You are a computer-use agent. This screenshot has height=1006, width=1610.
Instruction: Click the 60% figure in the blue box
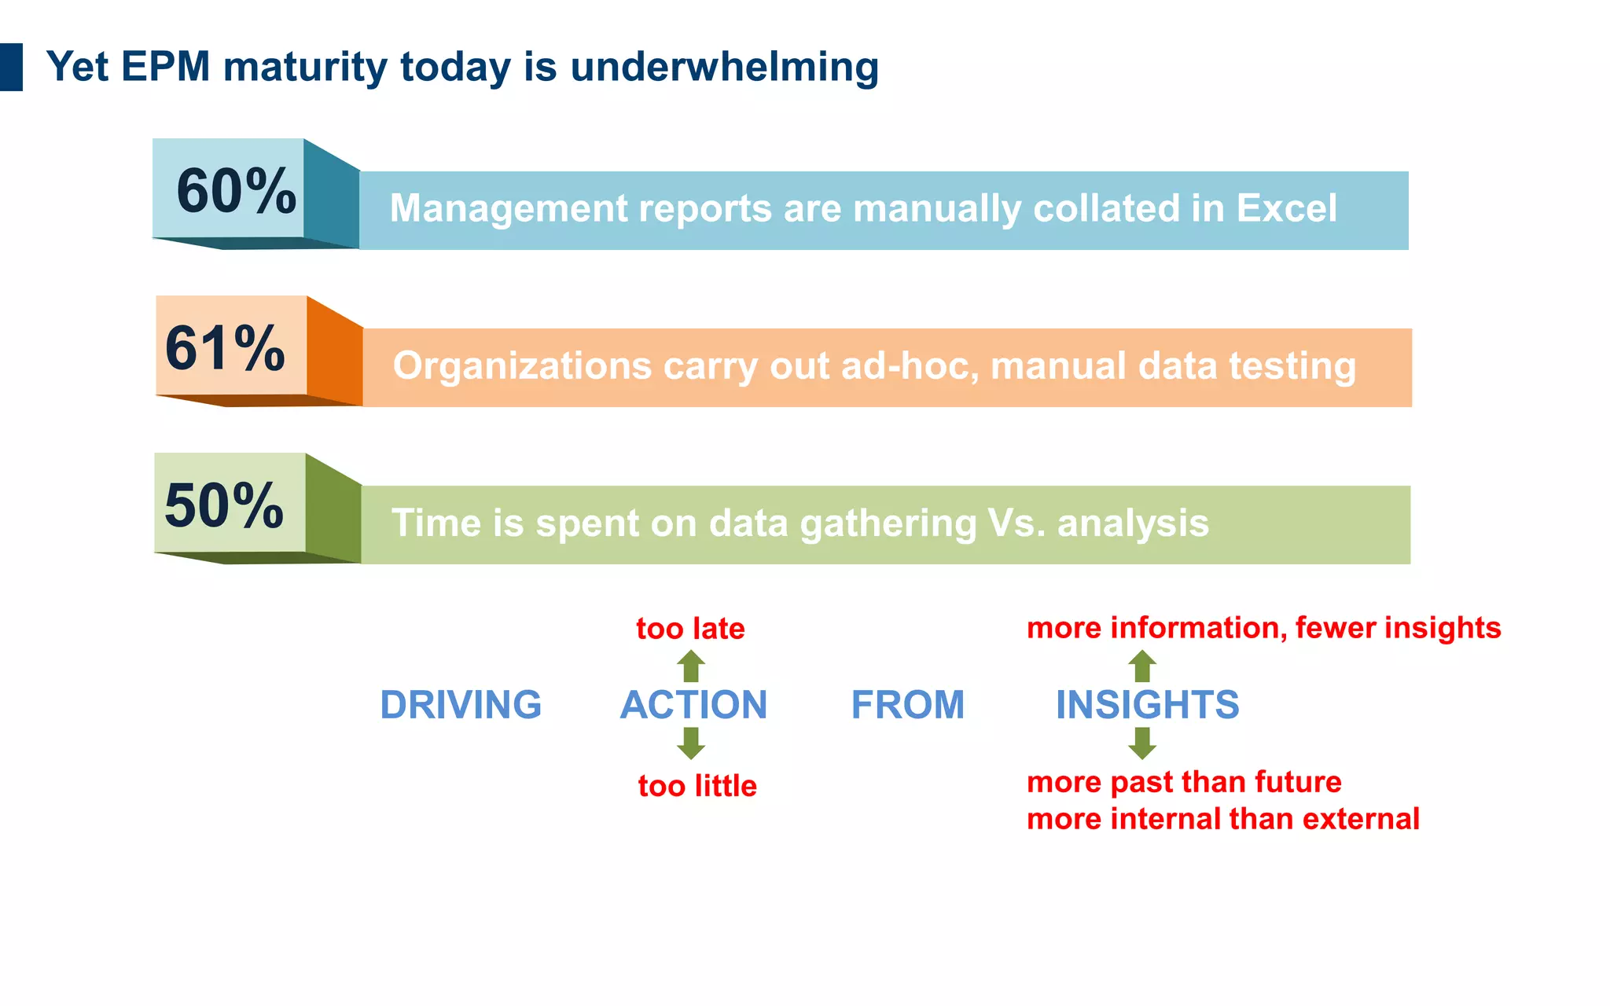pos(235,191)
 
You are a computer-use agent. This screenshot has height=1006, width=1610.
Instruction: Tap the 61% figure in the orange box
pos(225,348)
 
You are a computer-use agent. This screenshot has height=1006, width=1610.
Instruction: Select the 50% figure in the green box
pos(224,505)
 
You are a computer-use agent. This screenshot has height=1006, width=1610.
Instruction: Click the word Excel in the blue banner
pos(1286,208)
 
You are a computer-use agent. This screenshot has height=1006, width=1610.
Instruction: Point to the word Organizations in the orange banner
pos(522,366)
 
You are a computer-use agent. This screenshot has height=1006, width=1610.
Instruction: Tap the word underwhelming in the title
pos(724,67)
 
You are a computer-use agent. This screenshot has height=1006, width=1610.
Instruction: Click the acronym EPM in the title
pos(166,67)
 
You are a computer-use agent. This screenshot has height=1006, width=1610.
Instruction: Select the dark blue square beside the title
pos(11,68)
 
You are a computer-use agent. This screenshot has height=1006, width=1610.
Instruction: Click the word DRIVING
pos(461,705)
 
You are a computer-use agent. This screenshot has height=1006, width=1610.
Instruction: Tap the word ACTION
pos(693,705)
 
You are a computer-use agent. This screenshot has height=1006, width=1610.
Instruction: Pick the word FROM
pos(908,705)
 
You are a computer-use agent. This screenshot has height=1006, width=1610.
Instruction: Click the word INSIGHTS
pos(1147,705)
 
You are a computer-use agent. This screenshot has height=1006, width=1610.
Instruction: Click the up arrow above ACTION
pos(691,666)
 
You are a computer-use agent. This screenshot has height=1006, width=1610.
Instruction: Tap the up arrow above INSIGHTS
pos(1142,666)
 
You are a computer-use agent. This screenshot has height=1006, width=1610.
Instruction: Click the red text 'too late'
pos(690,629)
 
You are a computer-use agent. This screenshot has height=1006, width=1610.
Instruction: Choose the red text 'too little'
pos(697,786)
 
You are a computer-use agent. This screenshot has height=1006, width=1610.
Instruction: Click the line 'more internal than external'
pos(1222,819)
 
